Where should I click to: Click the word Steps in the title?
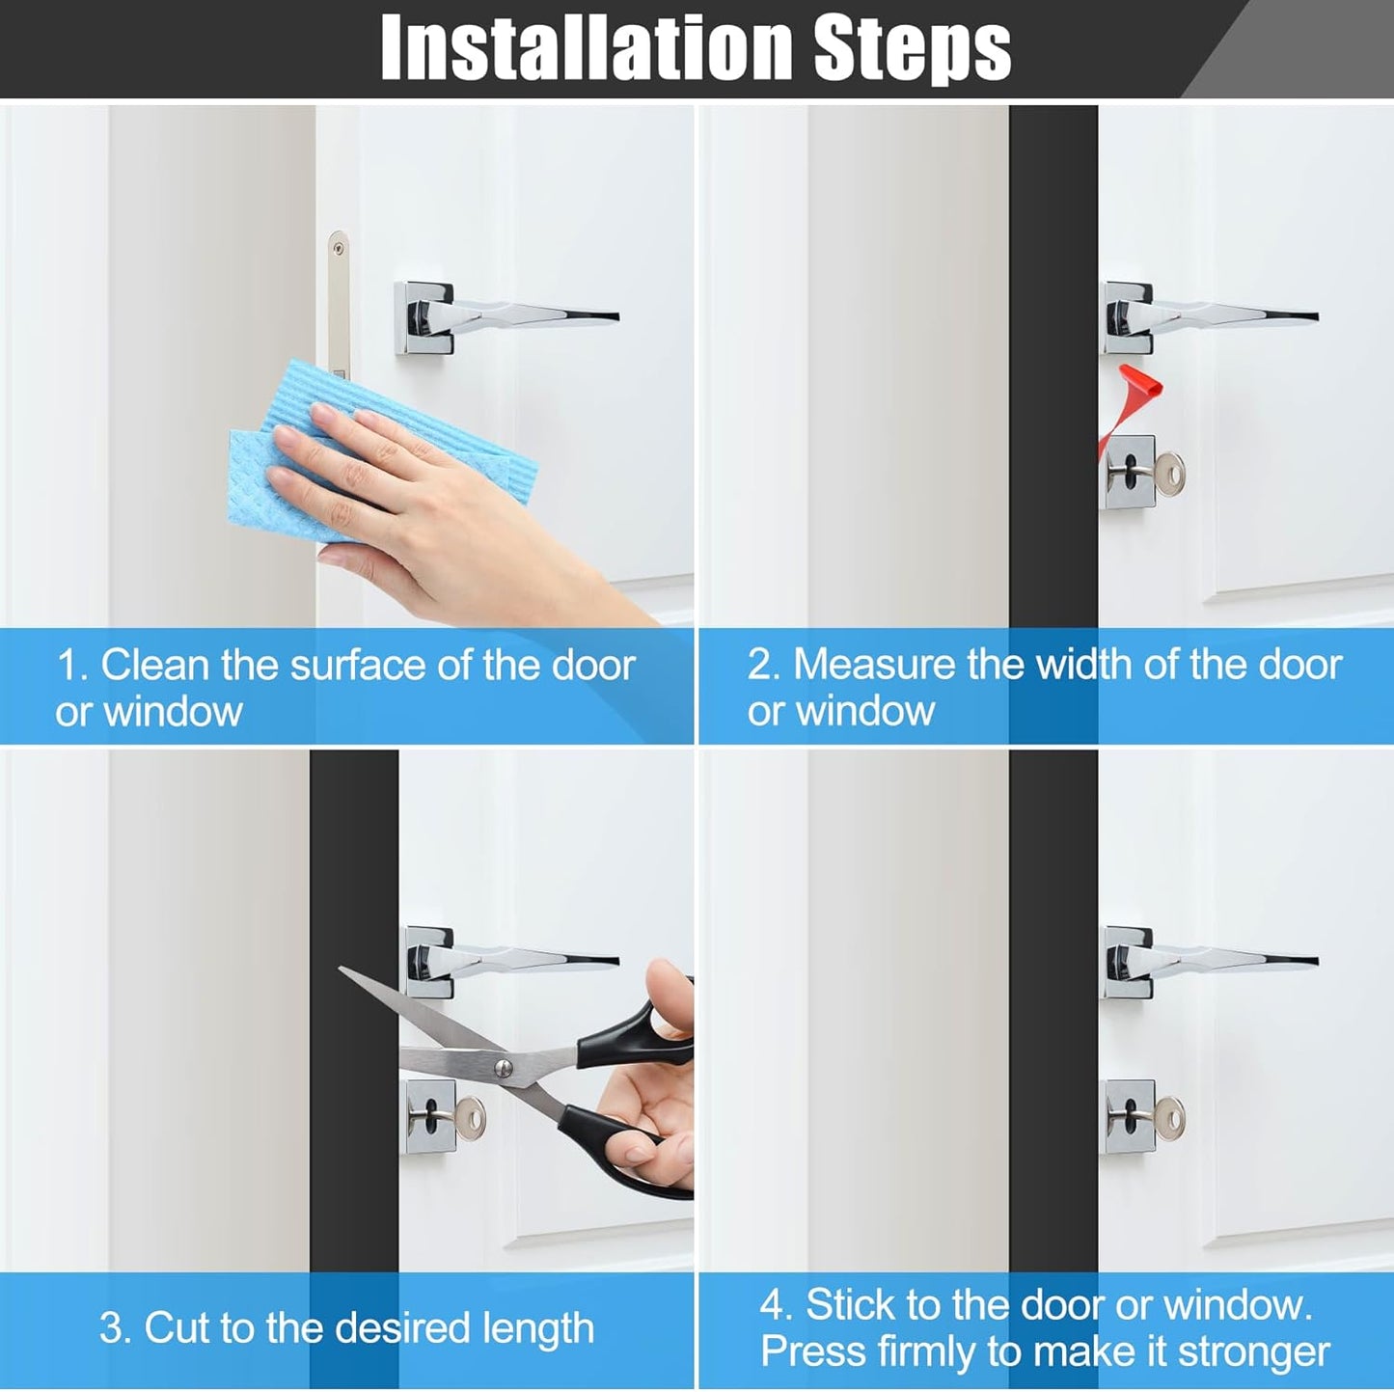[x=913, y=50]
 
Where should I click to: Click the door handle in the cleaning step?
[x=506, y=316]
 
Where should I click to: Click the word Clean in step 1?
[x=154, y=664]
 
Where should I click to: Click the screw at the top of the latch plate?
[x=338, y=248]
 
